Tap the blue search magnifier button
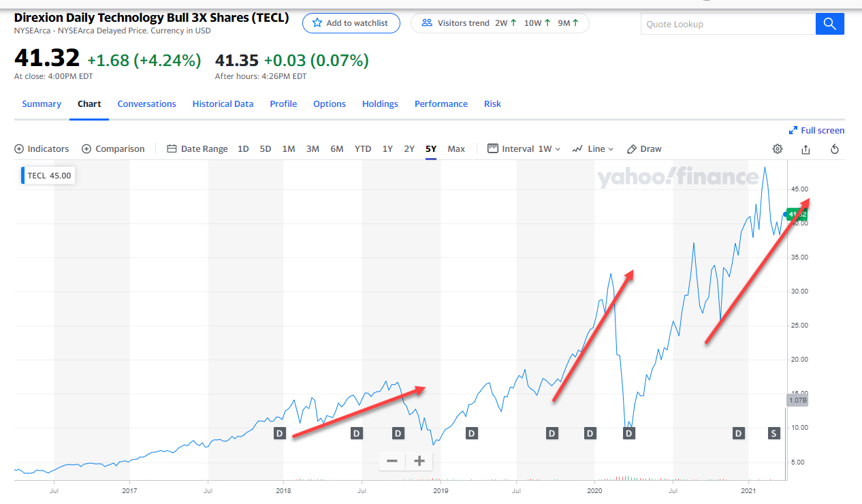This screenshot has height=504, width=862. [829, 24]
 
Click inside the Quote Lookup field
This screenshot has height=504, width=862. [727, 24]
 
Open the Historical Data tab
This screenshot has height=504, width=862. [223, 104]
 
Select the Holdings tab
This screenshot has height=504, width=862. [380, 104]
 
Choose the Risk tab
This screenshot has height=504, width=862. [492, 104]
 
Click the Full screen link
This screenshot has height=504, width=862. [816, 131]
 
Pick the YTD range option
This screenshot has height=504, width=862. [363, 149]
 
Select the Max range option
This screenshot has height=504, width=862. [456, 149]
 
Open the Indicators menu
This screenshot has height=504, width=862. [42, 149]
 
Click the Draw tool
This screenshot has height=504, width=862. [644, 149]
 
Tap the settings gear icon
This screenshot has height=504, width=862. [778, 149]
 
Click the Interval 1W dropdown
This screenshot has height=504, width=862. [524, 149]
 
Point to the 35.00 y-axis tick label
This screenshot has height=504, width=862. [799, 257]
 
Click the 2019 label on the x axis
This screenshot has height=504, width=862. [441, 490]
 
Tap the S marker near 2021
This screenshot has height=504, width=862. [773, 433]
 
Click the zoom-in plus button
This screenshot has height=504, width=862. [419, 461]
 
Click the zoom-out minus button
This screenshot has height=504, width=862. [392, 461]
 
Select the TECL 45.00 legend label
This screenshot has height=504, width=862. [48, 176]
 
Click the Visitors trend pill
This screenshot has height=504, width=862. [500, 23]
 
